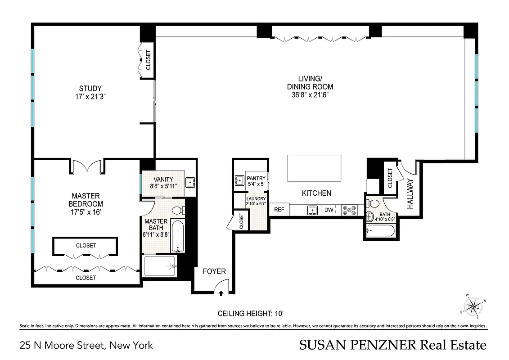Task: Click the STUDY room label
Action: click(x=90, y=89)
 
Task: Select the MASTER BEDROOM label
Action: click(x=86, y=200)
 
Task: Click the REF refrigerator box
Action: click(x=279, y=209)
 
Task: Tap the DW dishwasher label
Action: click(x=329, y=210)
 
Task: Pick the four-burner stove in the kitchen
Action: click(x=349, y=210)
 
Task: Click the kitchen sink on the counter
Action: click(x=311, y=210)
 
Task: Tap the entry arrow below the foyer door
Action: click(x=221, y=293)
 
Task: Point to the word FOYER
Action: click(x=214, y=271)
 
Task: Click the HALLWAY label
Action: click(x=410, y=193)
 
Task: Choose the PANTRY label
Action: click(x=256, y=179)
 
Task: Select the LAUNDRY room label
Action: click(x=256, y=198)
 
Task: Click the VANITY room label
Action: click(x=163, y=180)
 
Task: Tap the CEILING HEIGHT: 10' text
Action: click(x=251, y=313)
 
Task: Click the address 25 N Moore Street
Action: click(x=86, y=346)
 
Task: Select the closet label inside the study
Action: click(x=148, y=59)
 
